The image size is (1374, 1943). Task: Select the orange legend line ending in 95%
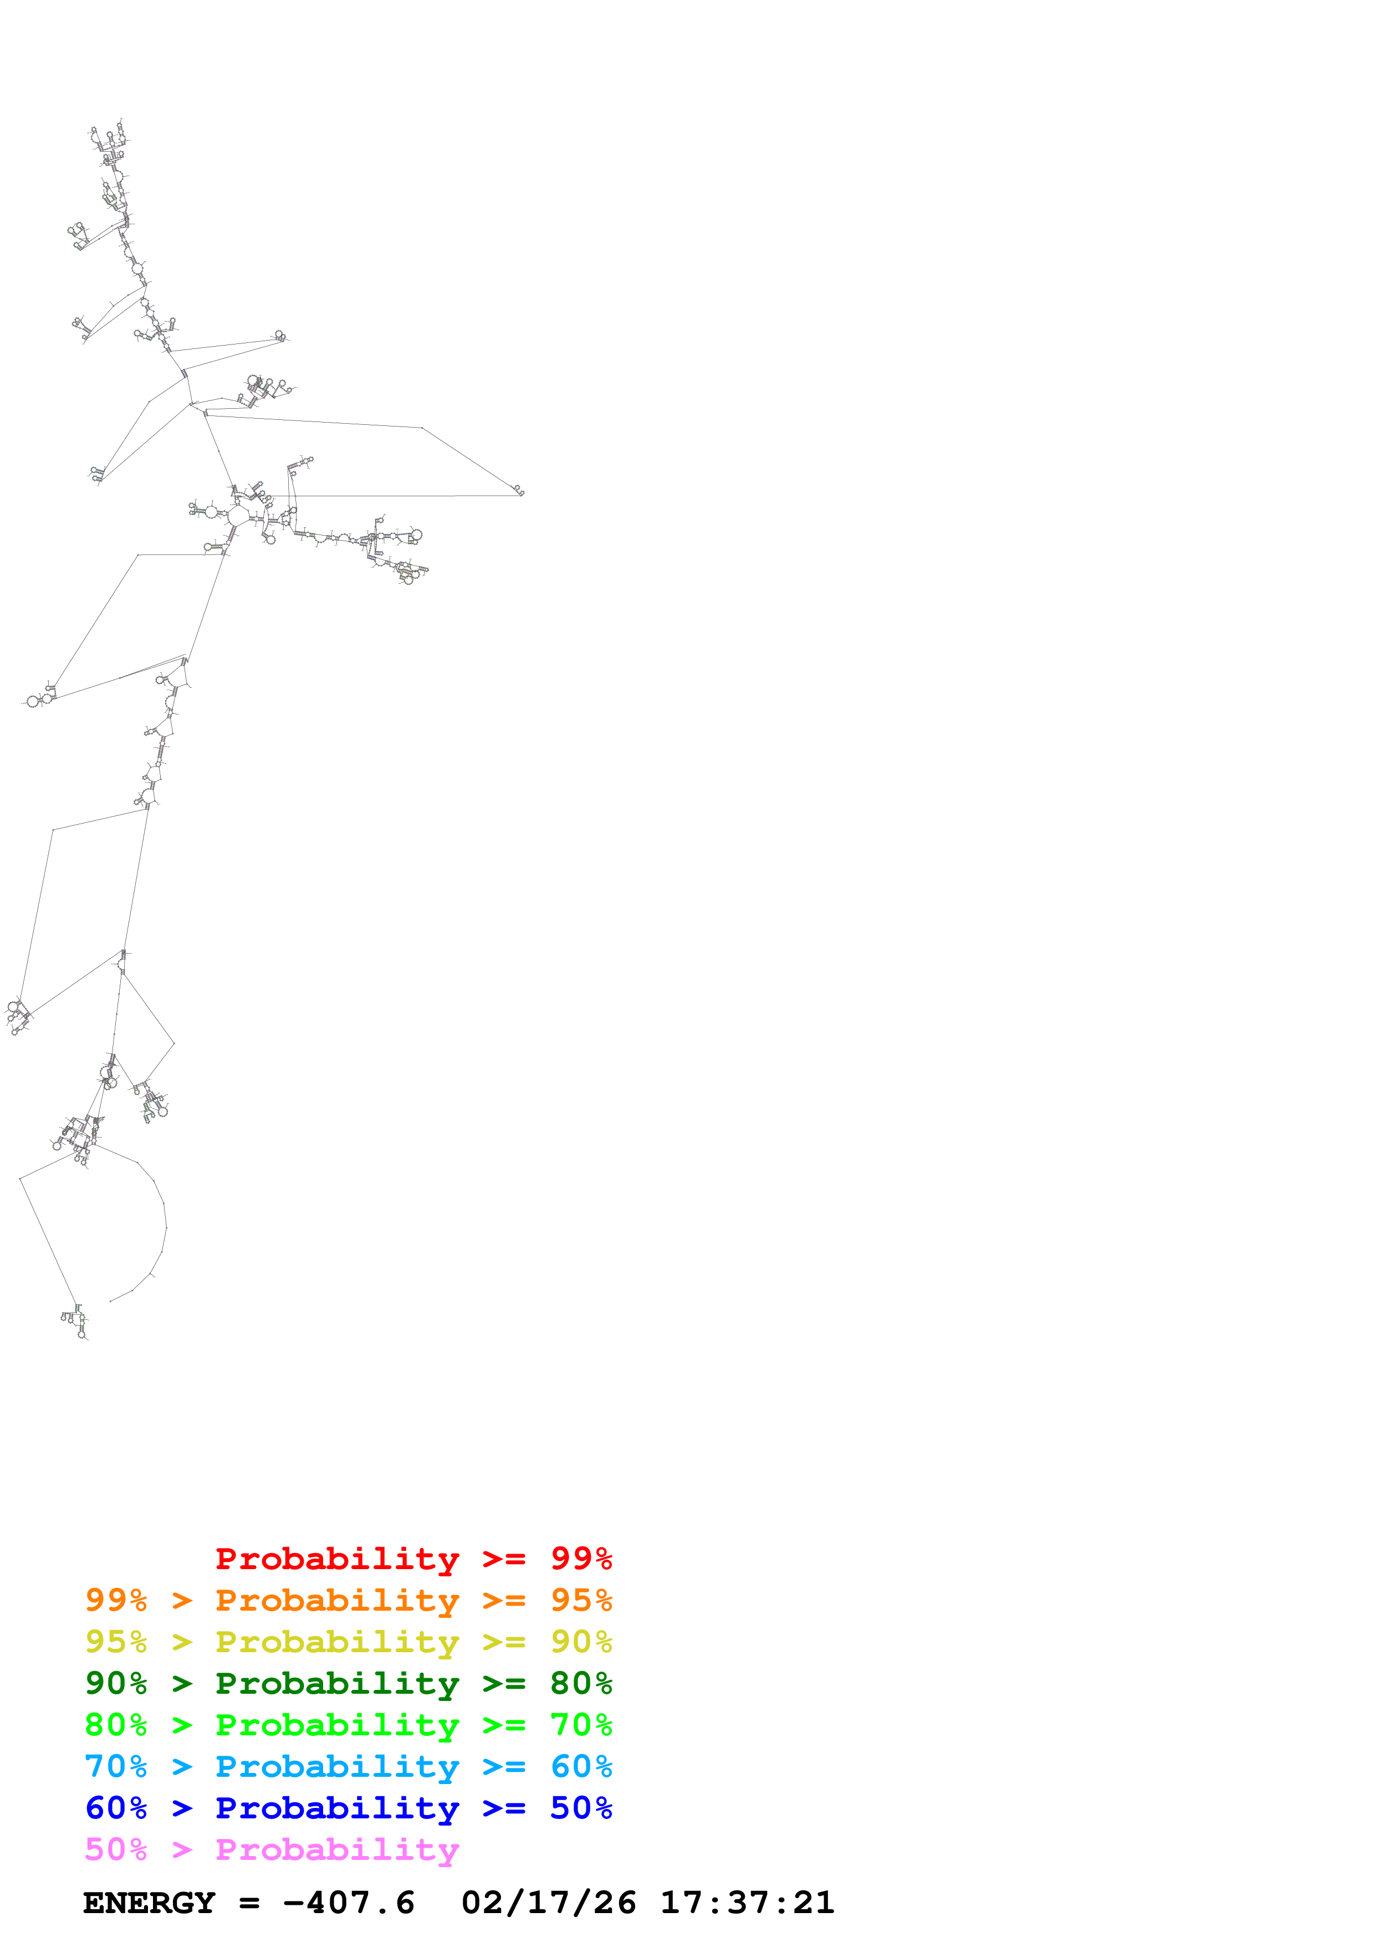click(x=348, y=1600)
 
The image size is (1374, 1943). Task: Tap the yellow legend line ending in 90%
click(x=348, y=1642)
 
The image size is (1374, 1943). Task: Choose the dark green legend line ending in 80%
click(x=348, y=1683)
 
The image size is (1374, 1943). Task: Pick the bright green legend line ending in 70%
click(x=348, y=1725)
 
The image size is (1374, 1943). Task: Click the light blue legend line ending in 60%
click(x=348, y=1766)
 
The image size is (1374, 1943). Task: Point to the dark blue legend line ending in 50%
click(x=348, y=1808)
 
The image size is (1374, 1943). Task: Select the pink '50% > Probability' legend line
click(x=271, y=1849)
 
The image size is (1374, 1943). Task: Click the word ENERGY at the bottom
click(x=149, y=1903)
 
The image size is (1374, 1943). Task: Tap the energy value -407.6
click(x=349, y=1903)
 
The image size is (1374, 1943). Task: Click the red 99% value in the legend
click(x=581, y=1559)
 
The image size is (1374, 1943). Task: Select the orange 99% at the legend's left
click(x=116, y=1600)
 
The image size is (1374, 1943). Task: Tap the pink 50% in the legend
click(x=116, y=1849)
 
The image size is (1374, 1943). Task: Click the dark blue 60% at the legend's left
click(x=116, y=1808)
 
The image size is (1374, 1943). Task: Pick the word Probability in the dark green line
click(x=337, y=1683)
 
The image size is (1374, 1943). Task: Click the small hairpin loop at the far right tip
click(x=519, y=490)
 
